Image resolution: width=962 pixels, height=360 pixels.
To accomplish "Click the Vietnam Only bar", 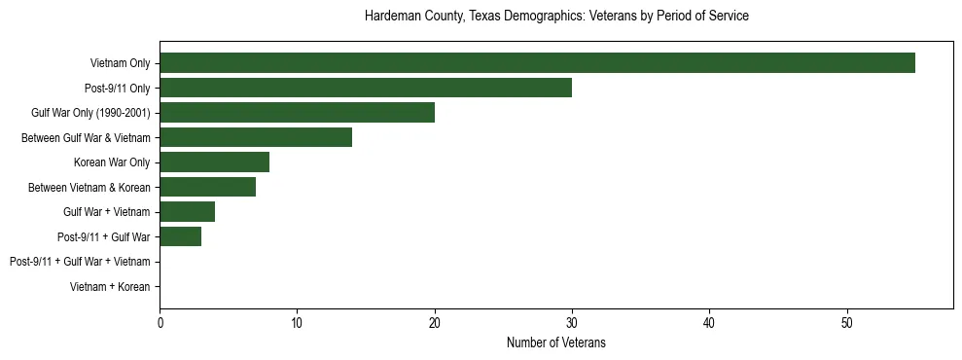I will click(x=537, y=63).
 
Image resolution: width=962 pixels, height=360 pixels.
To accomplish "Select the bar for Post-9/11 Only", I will click(x=366, y=89).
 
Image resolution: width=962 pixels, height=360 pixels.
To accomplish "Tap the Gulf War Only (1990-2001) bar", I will click(x=297, y=113).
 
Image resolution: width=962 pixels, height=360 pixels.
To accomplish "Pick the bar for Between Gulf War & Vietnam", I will click(x=256, y=137).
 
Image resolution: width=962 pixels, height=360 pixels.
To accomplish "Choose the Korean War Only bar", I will click(x=214, y=162).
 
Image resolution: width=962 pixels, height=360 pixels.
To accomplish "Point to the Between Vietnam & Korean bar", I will click(x=207, y=187).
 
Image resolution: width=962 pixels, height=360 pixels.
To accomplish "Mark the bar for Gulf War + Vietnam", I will click(x=187, y=212).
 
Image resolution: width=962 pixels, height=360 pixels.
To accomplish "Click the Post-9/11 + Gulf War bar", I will click(x=180, y=236).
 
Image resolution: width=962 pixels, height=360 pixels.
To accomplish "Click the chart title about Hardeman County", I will click(x=556, y=17).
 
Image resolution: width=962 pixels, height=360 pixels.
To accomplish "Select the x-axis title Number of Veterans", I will click(x=556, y=342).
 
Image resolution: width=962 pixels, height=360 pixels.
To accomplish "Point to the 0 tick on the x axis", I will click(x=160, y=322).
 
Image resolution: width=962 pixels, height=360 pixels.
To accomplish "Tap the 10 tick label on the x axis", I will click(x=297, y=322).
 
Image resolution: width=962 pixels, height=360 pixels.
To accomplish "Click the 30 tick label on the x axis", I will click(x=572, y=322).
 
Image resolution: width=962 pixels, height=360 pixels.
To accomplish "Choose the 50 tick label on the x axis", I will click(x=847, y=322).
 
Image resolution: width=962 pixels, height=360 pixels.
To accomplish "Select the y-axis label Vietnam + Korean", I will click(x=110, y=287).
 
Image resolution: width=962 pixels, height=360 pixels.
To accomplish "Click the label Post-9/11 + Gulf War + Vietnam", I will click(x=80, y=262).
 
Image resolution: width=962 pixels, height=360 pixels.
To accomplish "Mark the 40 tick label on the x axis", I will click(x=709, y=322).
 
